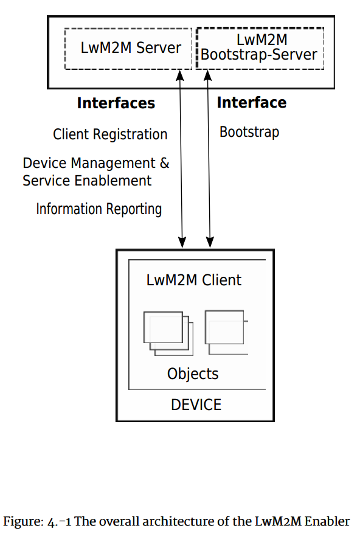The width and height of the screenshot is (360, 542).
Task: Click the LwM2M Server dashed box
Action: coord(129,48)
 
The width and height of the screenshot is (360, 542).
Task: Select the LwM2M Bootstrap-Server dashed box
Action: coord(260,48)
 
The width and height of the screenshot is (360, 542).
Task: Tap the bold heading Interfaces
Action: coord(116,103)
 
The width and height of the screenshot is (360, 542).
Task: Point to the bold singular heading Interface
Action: coord(251,103)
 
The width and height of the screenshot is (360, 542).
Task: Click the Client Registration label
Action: coord(110,134)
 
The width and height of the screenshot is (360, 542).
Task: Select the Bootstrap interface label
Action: coord(249,132)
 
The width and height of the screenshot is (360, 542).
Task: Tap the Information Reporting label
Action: coord(99,209)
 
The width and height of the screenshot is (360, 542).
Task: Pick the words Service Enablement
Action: coord(87,181)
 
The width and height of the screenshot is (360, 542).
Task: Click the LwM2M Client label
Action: coord(194,280)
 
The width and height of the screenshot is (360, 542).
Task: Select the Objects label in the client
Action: coord(193,373)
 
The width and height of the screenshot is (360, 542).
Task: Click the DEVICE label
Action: coord(196,405)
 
